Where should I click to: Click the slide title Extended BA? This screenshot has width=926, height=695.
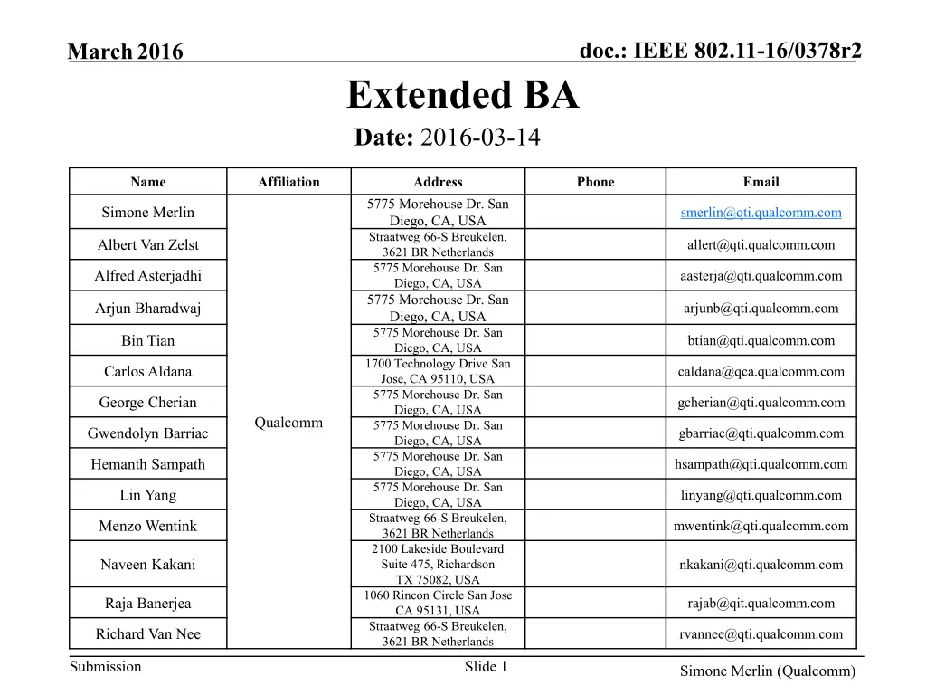point(462,95)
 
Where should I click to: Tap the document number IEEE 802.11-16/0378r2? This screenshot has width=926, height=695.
point(720,52)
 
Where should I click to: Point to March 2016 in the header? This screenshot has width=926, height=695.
point(126,53)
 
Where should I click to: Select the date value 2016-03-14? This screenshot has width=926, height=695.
point(480,138)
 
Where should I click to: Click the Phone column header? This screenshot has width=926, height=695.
point(595,182)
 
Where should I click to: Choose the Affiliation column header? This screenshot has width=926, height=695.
point(288,182)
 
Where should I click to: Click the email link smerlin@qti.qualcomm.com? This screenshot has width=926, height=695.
point(761,213)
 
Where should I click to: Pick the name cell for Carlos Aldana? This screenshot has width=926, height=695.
point(147,371)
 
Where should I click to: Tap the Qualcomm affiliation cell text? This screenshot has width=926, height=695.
point(288,423)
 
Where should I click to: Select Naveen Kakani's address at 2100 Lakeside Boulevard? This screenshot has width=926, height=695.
point(438,564)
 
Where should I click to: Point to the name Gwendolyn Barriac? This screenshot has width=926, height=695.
point(147,433)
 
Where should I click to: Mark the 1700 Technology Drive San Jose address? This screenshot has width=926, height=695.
point(438,371)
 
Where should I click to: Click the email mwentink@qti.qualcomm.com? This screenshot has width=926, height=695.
point(761,526)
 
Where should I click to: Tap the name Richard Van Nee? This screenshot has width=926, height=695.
point(147,633)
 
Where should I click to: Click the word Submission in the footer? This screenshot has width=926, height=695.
point(106,667)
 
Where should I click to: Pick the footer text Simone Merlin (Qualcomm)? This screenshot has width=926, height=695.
point(768,671)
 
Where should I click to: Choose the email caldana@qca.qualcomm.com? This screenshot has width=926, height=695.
point(761,371)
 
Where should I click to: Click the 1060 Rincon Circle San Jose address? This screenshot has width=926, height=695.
point(438,603)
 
